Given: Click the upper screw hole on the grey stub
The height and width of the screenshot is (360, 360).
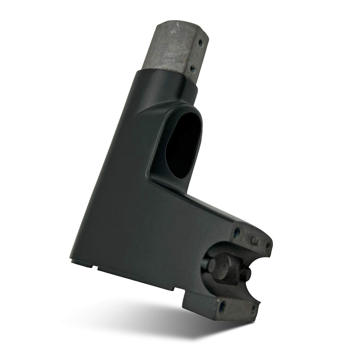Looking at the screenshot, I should point(200,44).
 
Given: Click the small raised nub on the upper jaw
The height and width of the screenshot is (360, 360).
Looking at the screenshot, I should point(255,240).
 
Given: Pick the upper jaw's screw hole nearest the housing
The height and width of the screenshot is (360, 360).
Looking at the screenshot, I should point(237,232).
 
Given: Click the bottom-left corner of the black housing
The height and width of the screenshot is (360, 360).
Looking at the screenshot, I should point(72,261).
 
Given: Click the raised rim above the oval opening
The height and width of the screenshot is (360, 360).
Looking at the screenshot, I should point(180,105).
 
